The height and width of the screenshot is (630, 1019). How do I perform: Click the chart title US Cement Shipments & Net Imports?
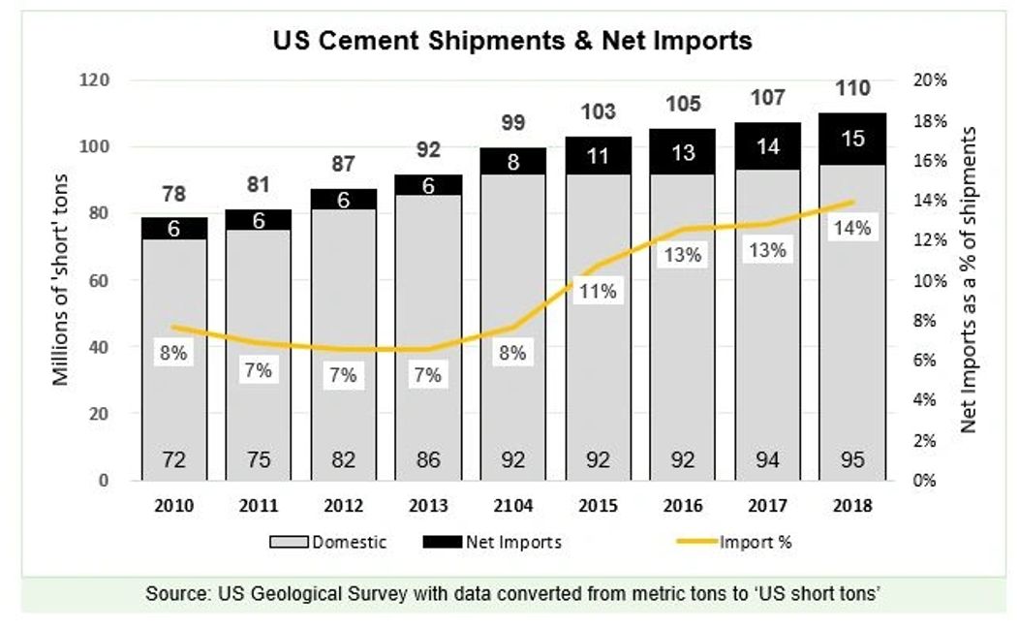click(x=512, y=42)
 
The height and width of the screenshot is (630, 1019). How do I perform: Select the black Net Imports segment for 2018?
click(x=852, y=140)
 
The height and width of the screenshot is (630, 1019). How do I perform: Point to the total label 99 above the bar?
click(x=513, y=122)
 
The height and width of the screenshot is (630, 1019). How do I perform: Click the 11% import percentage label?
click(x=598, y=291)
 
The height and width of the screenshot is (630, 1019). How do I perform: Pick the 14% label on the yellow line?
click(x=852, y=229)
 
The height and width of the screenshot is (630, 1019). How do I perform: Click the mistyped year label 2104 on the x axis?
click(x=513, y=506)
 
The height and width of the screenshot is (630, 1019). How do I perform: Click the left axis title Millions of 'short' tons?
click(x=61, y=280)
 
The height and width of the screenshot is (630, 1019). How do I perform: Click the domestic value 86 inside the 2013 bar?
click(x=428, y=459)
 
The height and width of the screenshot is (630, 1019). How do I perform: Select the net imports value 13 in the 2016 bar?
click(x=683, y=152)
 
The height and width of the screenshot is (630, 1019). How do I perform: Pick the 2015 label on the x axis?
click(x=598, y=506)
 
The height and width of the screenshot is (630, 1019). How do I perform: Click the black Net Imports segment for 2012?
click(x=344, y=199)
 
